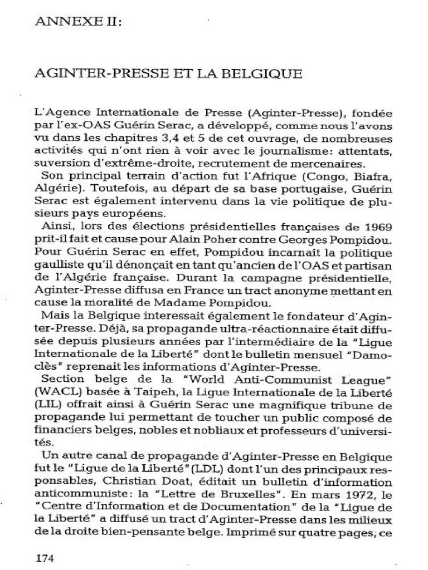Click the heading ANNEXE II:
(x=78, y=22)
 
